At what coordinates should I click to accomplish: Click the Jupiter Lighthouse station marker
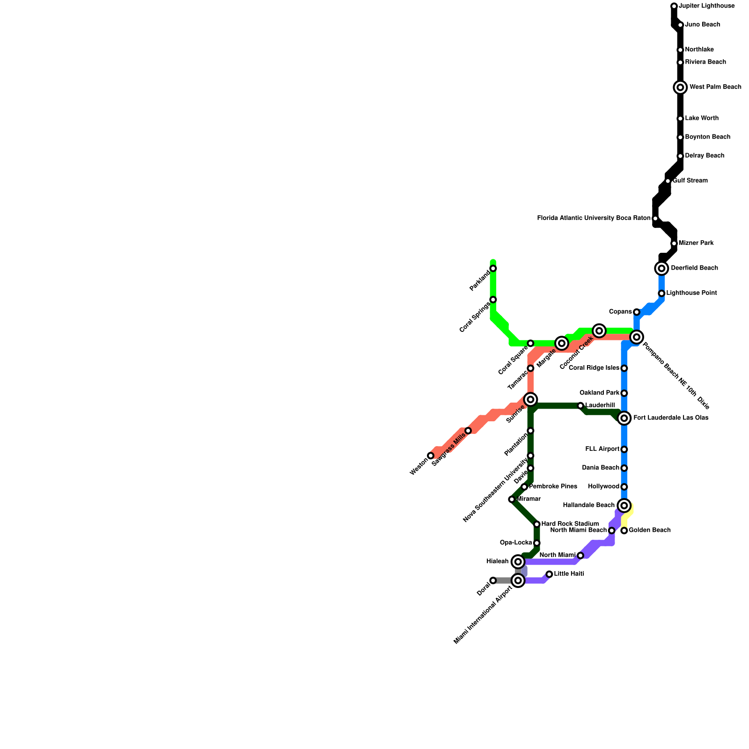point(674,6)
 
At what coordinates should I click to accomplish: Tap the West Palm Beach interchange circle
point(680,87)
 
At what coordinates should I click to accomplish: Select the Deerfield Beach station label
point(694,268)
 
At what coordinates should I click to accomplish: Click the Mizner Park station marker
point(674,243)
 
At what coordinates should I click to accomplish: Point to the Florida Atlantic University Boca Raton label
point(594,218)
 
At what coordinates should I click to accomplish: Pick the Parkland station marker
point(493,268)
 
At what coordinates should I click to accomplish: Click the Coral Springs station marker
point(493,300)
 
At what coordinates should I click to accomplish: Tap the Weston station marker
point(431,455)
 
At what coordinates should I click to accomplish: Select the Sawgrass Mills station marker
point(468,431)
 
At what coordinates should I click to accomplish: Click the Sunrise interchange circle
point(530,399)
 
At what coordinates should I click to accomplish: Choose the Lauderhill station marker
point(580,405)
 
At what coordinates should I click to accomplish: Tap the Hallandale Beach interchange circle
point(624,505)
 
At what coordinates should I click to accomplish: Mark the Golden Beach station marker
point(624,530)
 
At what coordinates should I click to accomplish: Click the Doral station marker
point(493,580)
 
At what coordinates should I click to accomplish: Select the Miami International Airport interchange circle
point(518,580)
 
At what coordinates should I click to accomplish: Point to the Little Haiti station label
point(569,574)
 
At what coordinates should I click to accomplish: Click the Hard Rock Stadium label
point(570,524)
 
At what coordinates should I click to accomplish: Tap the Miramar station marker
point(512,499)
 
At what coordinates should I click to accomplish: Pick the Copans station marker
point(637,312)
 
